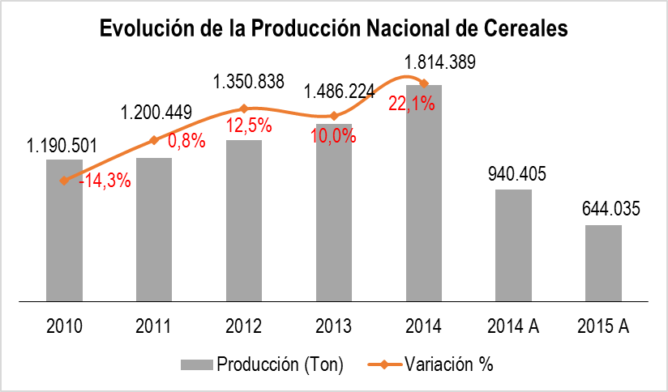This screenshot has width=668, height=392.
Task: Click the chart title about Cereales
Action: click(x=333, y=28)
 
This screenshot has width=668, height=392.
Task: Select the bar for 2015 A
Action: click(x=603, y=262)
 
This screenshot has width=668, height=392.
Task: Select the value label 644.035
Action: click(x=611, y=209)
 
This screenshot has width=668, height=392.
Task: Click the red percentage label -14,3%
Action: click(x=105, y=181)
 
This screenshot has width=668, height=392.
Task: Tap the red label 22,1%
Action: click(x=412, y=104)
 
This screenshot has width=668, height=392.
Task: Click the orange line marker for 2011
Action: click(x=154, y=141)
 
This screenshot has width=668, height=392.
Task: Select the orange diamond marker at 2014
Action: click(x=424, y=82)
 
